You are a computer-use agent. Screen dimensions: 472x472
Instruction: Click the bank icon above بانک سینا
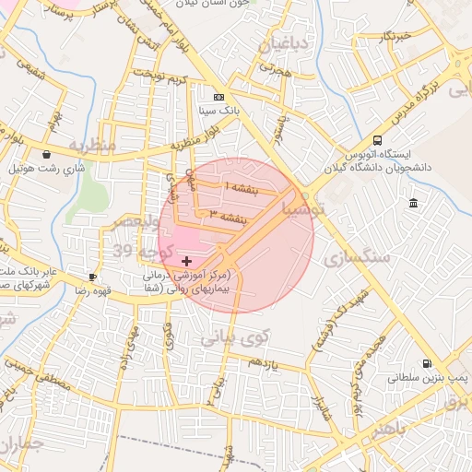218,97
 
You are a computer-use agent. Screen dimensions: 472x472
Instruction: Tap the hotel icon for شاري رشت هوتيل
46,155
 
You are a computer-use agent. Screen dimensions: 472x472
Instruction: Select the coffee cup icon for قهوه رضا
92,277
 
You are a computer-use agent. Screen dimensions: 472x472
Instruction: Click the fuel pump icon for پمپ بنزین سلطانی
426,364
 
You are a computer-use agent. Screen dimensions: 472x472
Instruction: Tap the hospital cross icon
187,262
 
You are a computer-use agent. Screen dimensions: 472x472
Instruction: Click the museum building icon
411,203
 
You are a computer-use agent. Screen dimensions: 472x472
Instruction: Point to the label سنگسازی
359,257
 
